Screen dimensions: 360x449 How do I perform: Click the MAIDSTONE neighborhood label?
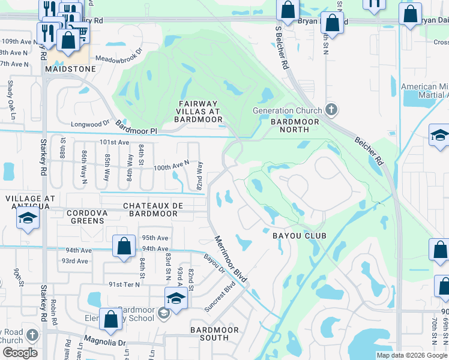click(x=70, y=70)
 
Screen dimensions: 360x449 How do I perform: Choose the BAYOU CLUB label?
click(x=299, y=236)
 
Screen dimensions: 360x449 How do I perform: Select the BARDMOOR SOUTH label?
click(x=214, y=334)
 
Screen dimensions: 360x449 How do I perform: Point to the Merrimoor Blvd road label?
click(x=231, y=260)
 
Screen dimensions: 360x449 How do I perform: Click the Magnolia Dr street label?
click(x=105, y=343)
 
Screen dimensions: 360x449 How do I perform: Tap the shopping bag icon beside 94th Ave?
click(x=124, y=247)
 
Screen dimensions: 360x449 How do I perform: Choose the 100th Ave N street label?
click(x=172, y=163)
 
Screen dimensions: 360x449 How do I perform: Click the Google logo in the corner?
click(x=20, y=353)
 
